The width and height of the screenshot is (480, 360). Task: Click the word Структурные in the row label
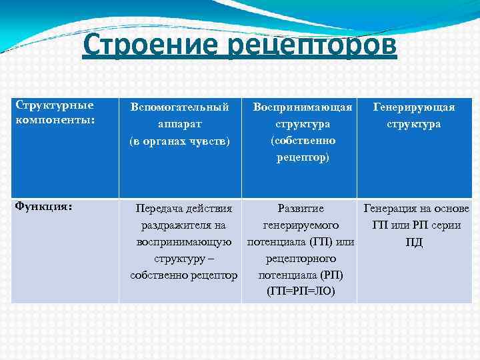click(x=55, y=105)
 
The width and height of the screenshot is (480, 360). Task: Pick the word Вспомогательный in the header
click(x=180, y=107)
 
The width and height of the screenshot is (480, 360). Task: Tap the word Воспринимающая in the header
click(x=303, y=107)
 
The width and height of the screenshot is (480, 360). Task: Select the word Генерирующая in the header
click(x=414, y=107)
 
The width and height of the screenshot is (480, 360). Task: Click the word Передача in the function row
click(x=159, y=209)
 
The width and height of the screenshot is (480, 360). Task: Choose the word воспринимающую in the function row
click(x=184, y=242)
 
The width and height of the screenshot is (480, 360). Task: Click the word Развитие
click(x=301, y=209)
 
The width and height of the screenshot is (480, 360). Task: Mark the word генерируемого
click(x=301, y=225)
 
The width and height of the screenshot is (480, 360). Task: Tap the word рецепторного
click(x=301, y=258)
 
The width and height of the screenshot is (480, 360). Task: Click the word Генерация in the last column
click(x=391, y=209)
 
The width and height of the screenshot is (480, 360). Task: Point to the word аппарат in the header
click(x=180, y=123)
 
